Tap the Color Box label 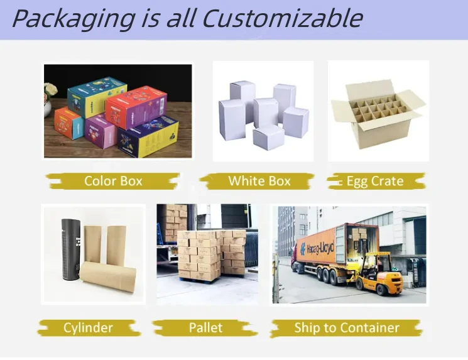pyautogui.click(x=113, y=181)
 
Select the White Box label pyautogui.click(x=259, y=181)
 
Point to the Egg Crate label pyautogui.click(x=375, y=181)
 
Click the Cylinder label pyautogui.click(x=88, y=327)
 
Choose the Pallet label pyautogui.click(x=205, y=327)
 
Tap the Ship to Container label pyautogui.click(x=347, y=327)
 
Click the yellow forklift pyautogui.click(x=380, y=276)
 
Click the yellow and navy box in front pyautogui.click(x=148, y=136)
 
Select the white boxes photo pyautogui.click(x=263, y=111)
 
